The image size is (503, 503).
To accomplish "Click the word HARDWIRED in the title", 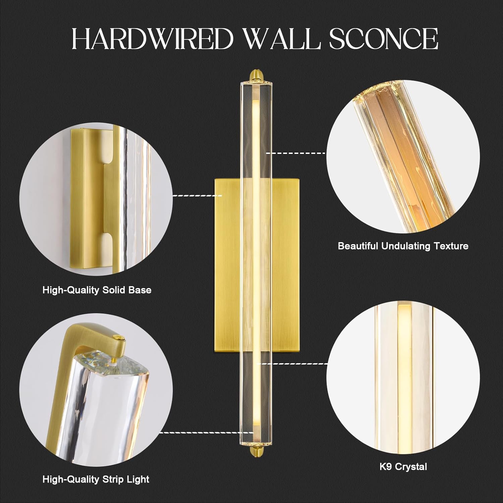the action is [x=153, y=39].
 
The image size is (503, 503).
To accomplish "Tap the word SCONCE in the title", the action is [x=383, y=39].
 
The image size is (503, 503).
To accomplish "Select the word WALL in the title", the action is [x=282, y=39].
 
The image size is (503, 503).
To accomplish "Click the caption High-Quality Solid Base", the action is [x=97, y=290].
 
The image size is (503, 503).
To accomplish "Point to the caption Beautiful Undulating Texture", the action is [x=403, y=246].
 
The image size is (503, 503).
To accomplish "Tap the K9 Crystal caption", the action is [x=403, y=466].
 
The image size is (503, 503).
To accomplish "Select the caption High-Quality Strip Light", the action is [x=96, y=480].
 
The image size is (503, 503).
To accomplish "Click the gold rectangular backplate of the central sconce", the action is [x=228, y=265].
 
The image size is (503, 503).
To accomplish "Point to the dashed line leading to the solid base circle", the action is [x=197, y=195].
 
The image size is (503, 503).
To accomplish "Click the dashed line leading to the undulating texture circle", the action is [x=296, y=153].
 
